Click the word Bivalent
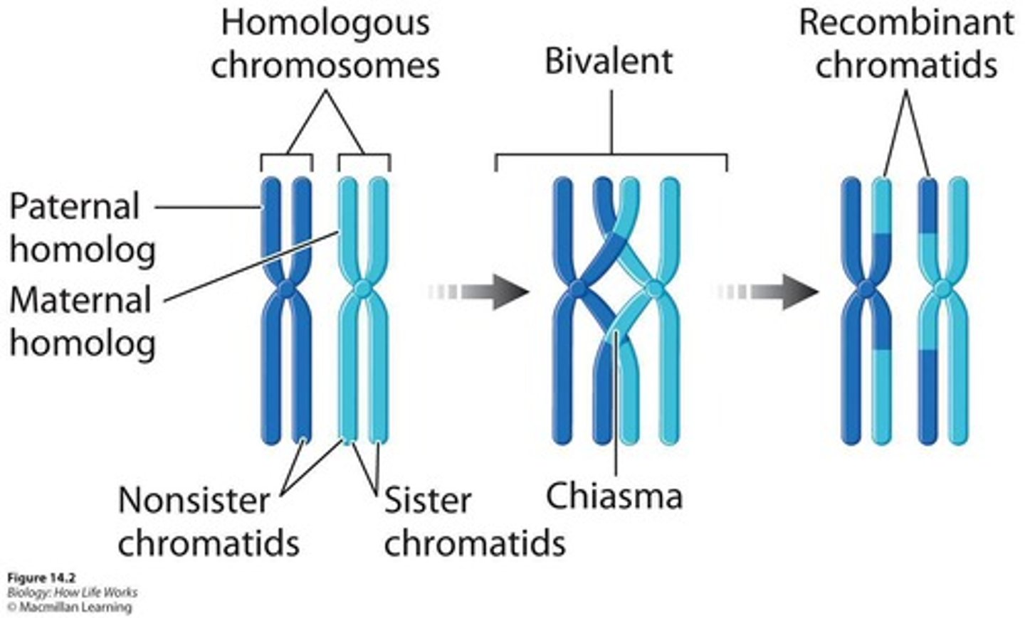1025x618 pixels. (x=609, y=61)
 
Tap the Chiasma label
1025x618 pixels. (x=614, y=496)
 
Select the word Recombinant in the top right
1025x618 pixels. (x=905, y=23)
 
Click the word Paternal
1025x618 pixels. (x=74, y=207)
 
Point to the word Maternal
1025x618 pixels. (x=80, y=300)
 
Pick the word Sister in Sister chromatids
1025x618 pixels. (x=427, y=501)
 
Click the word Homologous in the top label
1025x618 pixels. (x=325, y=23)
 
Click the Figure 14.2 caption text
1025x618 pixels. (x=41, y=577)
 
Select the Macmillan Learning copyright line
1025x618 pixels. (x=69, y=607)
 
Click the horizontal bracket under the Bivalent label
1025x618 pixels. (x=611, y=154)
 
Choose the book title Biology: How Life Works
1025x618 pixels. (x=72, y=592)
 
